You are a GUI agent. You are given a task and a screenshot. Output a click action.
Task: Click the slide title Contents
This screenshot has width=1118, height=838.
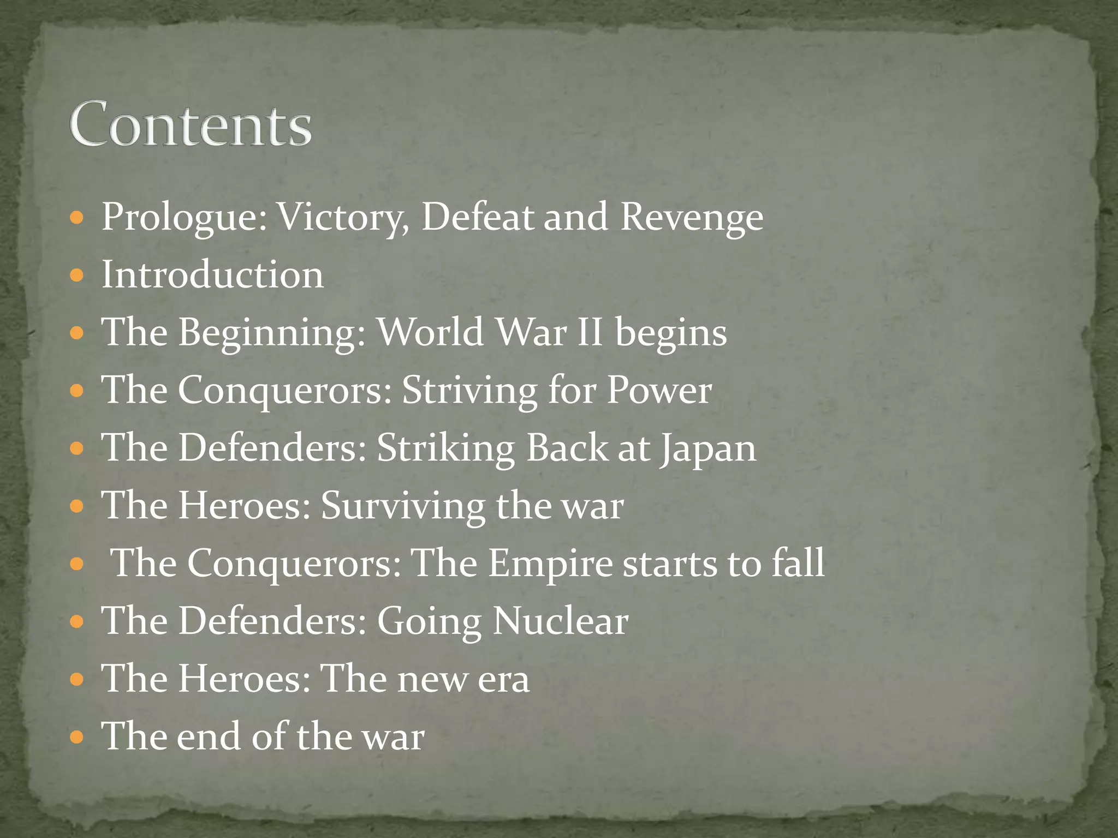click(191, 124)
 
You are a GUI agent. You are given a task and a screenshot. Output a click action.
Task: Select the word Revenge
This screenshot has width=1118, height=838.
click(692, 217)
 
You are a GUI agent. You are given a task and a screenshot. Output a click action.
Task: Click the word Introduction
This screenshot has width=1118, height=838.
click(212, 274)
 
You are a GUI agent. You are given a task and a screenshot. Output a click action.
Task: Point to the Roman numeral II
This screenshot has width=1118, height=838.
click(590, 332)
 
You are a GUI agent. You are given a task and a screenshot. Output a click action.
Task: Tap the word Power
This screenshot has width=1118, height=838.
click(659, 390)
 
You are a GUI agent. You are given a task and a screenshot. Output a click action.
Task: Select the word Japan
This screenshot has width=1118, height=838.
click(708, 448)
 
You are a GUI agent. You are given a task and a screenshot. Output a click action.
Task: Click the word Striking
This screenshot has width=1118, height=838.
click(445, 448)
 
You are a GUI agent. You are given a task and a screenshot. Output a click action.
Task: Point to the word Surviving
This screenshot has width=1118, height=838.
click(402, 506)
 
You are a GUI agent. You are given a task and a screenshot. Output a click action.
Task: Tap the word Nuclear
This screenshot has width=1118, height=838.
click(560, 621)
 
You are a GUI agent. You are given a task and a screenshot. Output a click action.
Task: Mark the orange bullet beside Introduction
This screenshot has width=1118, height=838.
click(77, 274)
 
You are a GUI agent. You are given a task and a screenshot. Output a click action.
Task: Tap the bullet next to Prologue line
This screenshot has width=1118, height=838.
click(77, 218)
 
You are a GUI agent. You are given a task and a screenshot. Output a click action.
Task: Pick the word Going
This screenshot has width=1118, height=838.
click(429, 622)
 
